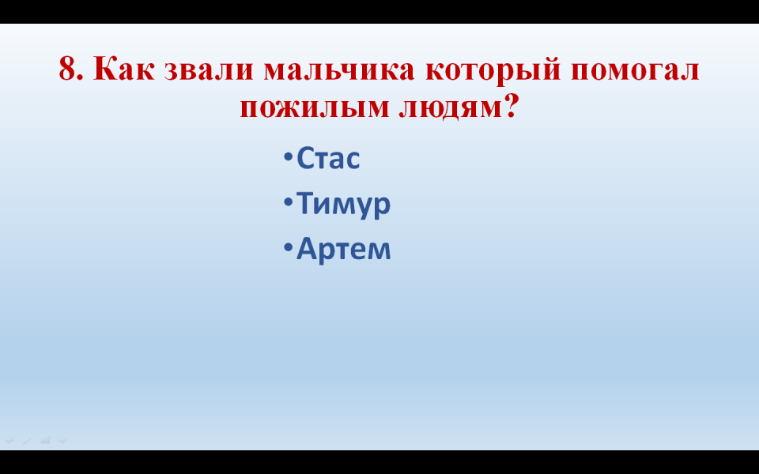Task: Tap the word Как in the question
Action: pos(124,69)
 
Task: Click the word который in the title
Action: pos(493,70)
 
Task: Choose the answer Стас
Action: pos(328,158)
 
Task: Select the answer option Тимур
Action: pos(343,204)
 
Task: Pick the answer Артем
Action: pos(343,249)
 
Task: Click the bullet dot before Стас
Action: pos(288,156)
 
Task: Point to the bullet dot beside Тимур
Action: pos(288,202)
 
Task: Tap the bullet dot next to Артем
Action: pos(288,247)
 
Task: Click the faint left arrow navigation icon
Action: pos(9,440)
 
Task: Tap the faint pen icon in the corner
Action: pos(27,440)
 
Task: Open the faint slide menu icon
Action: pos(45,440)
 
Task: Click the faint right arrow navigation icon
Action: pos(62,440)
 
